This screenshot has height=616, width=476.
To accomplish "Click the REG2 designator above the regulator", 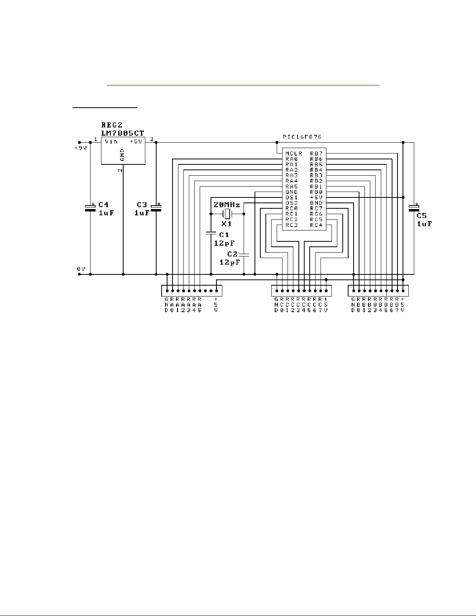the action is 112,125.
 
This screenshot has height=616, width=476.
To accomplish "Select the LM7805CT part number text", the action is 123,133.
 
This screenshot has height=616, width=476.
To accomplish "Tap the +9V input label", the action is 80,148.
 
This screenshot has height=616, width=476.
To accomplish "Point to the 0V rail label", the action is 81,269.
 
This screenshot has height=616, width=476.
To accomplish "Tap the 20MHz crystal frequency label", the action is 227,205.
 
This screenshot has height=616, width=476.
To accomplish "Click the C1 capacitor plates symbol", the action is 211,233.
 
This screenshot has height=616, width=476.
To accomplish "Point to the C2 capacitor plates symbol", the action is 244,255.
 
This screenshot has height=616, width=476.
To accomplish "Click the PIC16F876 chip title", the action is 302,137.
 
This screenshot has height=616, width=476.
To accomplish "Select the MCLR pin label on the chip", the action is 294,154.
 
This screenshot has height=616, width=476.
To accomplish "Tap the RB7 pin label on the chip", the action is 316,154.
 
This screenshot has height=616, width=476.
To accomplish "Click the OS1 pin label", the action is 291,197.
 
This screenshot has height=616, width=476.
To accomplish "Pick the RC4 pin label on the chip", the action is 316,225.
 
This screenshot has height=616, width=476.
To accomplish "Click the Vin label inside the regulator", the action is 111,141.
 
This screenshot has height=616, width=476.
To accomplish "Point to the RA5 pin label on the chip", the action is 291,187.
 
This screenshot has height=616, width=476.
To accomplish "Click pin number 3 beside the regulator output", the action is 152,139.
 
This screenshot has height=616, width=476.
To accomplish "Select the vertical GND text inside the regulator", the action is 122,155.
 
